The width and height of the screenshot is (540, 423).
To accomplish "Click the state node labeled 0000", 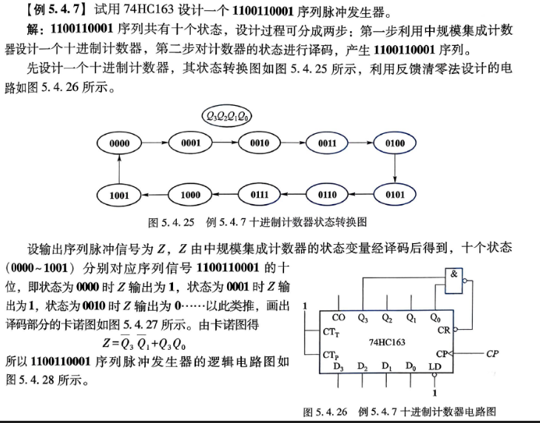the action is pos(119,143).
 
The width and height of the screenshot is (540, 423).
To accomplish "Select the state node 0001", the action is pos(190,143).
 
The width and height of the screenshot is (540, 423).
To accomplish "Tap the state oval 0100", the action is pos(395,143).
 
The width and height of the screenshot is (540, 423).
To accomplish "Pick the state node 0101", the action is pos(395,194).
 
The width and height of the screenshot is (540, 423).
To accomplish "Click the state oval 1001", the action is pos(119,195).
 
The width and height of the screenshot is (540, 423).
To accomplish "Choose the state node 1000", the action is pos(190,195).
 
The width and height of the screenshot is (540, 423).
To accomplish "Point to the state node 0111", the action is pos(260,194).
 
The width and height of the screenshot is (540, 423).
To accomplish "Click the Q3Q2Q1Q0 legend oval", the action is pos(226,116).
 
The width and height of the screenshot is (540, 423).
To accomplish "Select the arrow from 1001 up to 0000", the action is pos(119,169).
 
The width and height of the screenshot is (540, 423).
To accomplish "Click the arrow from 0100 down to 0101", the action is pos(395,169).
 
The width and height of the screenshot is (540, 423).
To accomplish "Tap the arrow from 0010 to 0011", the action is pos(294,143).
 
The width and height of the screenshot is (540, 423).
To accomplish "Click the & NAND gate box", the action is pos(453,281).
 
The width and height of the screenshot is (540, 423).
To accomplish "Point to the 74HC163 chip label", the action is pos(387,342).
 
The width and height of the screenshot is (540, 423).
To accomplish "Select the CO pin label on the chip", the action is pos(338,317).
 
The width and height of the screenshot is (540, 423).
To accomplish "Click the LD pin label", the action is pos(435,366).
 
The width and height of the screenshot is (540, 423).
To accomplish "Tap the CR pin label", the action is pos(444,330).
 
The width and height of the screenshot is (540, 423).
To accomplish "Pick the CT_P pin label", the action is pos(331,355).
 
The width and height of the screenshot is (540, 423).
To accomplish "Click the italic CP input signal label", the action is pos(492,353).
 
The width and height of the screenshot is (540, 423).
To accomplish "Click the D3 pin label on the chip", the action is pos(338,367).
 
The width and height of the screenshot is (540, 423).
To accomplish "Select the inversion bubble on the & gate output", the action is pos(465,281).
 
